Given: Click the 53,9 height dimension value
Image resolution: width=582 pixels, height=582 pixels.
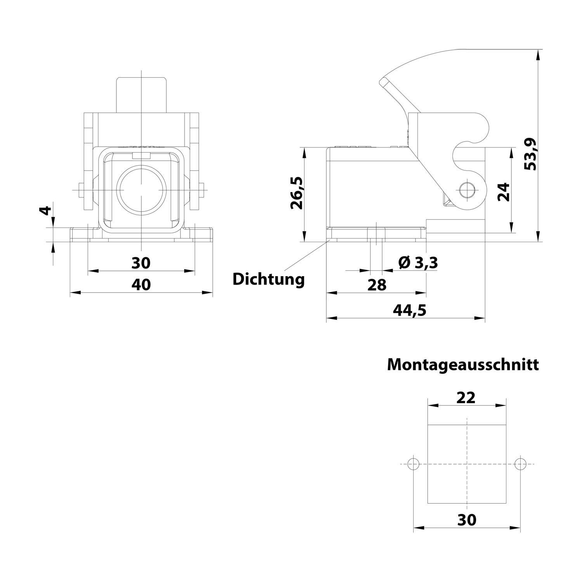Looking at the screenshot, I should pyautogui.click(x=530, y=154).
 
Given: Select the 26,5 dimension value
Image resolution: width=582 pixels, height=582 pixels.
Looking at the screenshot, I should pyautogui.click(x=297, y=193).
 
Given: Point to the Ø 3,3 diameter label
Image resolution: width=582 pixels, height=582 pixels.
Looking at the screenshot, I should pyautogui.click(x=418, y=263).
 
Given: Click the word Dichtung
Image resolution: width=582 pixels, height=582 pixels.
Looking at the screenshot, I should pyautogui.click(x=268, y=279).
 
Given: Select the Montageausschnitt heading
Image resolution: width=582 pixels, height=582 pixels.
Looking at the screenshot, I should pyautogui.click(x=462, y=365).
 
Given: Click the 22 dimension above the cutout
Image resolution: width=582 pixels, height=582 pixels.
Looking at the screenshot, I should pyautogui.click(x=466, y=397).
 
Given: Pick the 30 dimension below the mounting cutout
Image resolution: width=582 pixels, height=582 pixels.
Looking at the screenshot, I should pyautogui.click(x=466, y=520).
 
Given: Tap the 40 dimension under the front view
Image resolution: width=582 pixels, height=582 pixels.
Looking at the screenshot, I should pyautogui.click(x=141, y=284).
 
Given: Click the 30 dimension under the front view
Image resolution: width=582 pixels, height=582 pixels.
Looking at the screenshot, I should pyautogui.click(x=140, y=263).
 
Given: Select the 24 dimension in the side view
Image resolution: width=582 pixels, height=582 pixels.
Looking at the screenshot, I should pyautogui.click(x=504, y=191).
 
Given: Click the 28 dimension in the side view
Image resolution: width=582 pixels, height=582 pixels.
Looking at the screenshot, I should pyautogui.click(x=377, y=285).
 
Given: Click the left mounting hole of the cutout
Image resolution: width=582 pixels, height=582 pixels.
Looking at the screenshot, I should pyautogui.click(x=414, y=464).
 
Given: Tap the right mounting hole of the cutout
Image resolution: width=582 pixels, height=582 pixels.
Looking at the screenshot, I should pyautogui.click(x=520, y=464).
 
